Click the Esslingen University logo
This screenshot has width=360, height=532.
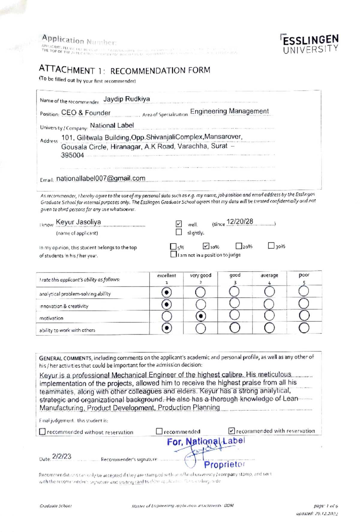click(x=310, y=44)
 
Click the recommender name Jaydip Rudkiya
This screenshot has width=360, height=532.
click(x=126, y=99)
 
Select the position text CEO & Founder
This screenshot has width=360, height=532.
click(x=86, y=113)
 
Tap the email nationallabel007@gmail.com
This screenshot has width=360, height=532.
click(x=100, y=178)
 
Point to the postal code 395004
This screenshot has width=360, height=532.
click(x=72, y=155)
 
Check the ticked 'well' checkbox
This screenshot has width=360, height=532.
click(x=179, y=224)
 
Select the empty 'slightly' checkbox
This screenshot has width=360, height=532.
click(x=179, y=232)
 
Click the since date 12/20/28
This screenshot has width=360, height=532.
click(x=240, y=222)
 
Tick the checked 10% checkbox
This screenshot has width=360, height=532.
click(x=206, y=246)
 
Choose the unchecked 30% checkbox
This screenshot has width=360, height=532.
click(x=271, y=246)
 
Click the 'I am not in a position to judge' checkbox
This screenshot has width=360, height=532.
click(x=173, y=254)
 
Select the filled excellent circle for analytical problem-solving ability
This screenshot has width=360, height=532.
click(x=166, y=292)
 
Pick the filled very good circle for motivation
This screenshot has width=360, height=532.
click(x=201, y=316)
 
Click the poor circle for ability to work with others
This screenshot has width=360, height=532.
click(x=304, y=328)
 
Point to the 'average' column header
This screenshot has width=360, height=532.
click(x=269, y=275)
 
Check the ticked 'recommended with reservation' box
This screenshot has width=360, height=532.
click(x=231, y=431)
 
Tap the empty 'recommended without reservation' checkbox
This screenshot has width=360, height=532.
click(x=42, y=431)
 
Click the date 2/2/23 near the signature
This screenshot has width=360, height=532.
click(x=62, y=456)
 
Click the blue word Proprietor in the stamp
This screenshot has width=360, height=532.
click(x=224, y=464)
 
